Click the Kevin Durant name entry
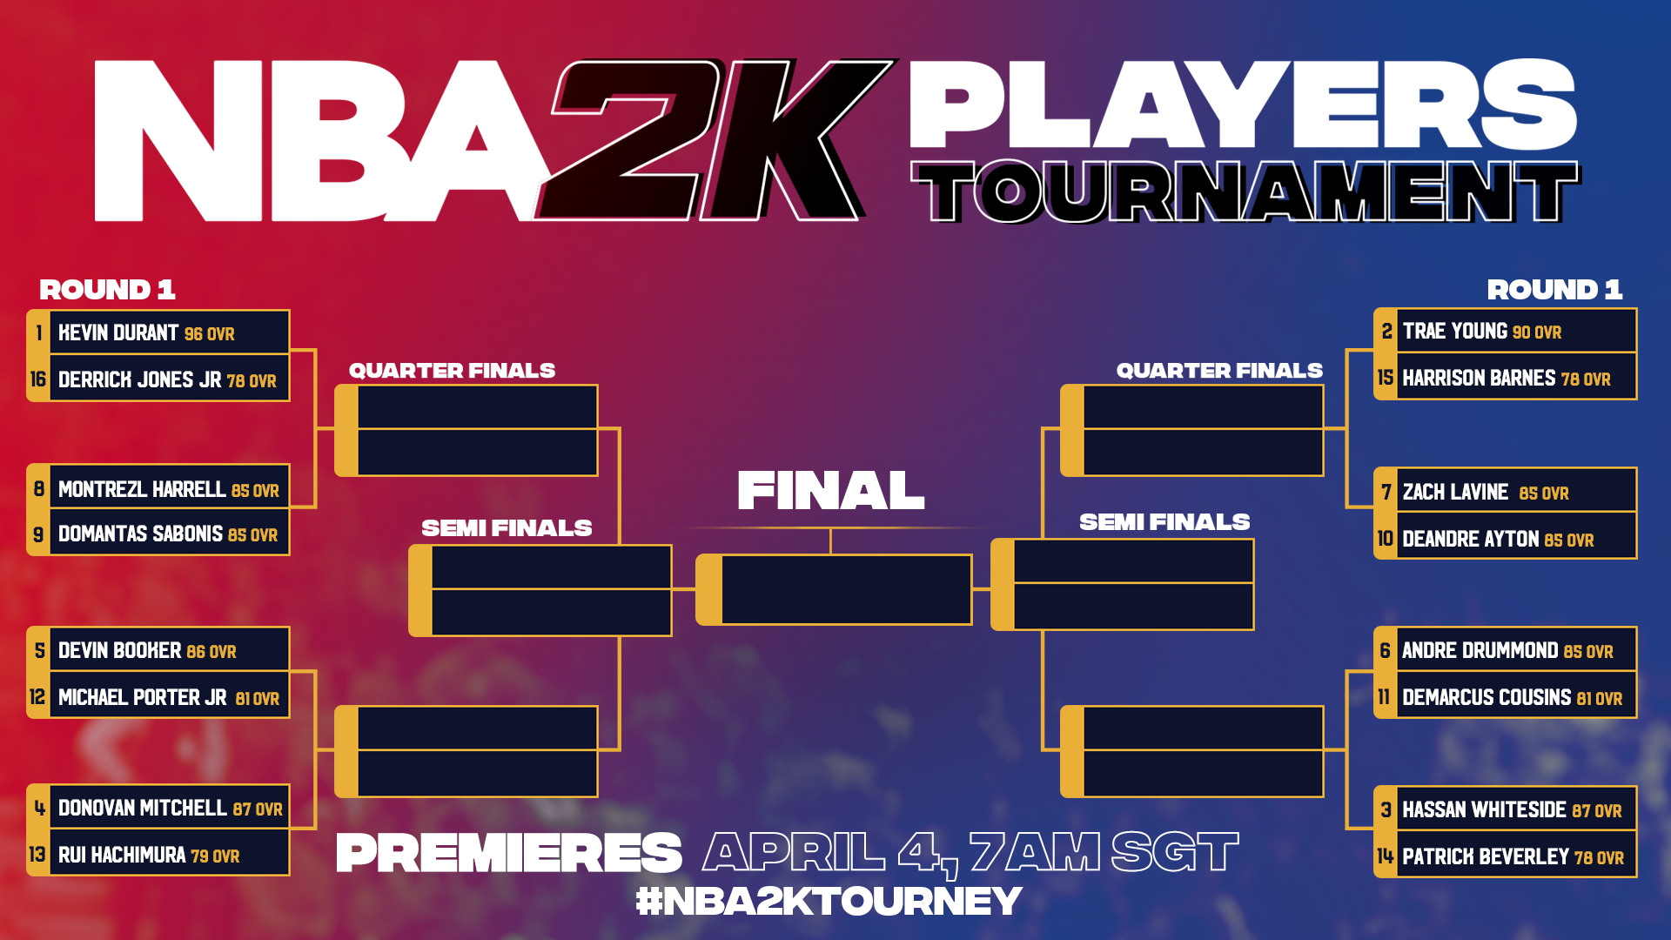(118, 332)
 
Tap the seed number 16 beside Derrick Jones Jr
(38, 379)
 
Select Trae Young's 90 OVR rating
(1537, 332)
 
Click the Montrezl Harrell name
(142, 489)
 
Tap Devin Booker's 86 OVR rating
(211, 651)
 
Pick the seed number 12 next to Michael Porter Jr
(37, 697)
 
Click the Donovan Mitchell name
(143, 808)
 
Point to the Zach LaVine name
(1455, 492)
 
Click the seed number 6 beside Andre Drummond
(1386, 650)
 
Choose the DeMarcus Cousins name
(1486, 697)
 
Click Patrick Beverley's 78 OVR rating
(1599, 857)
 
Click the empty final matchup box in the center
(834, 590)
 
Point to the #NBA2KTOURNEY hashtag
(829, 901)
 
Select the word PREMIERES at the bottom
(509, 852)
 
